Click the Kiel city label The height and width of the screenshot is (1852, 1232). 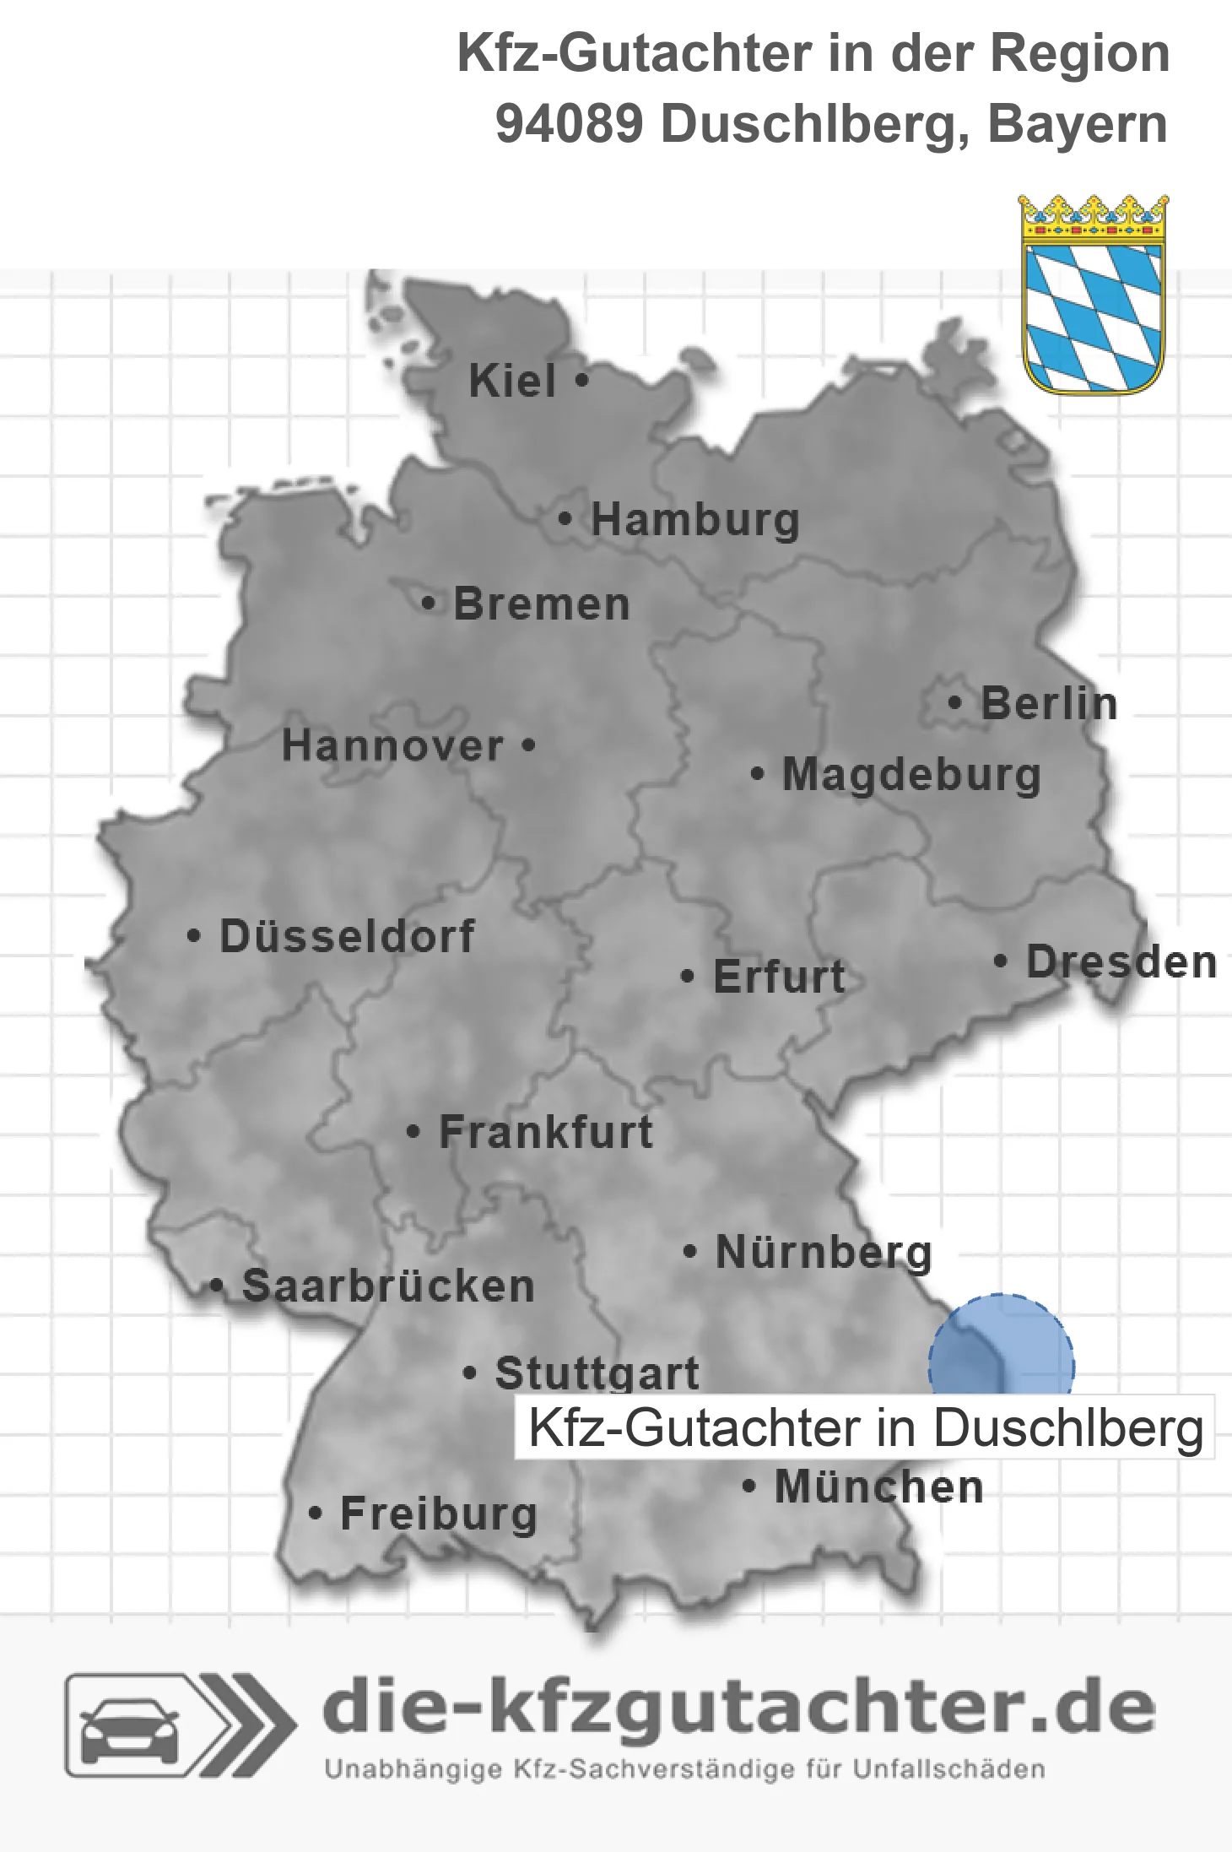coord(512,381)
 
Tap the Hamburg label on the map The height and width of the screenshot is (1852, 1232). coord(694,520)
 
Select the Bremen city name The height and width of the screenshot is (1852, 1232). coord(542,604)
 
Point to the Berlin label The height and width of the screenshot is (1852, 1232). coord(1049,704)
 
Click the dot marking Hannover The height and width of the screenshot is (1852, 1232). coord(529,745)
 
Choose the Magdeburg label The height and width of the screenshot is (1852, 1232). coord(911,775)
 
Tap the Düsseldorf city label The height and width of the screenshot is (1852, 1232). coord(347,936)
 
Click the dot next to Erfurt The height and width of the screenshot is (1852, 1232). coord(688,977)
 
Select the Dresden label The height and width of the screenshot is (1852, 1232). coord(1121,962)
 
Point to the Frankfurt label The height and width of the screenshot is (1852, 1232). coord(546,1132)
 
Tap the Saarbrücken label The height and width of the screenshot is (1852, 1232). coord(388,1286)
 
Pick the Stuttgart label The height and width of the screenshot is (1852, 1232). coord(597,1373)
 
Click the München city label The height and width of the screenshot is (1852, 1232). coord(879,1486)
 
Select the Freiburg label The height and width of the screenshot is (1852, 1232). coord(439,1514)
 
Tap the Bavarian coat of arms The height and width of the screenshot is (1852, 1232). coord(1094,295)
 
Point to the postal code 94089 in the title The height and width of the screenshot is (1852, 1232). coord(569,124)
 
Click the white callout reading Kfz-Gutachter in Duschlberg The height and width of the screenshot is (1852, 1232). coord(865,1427)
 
